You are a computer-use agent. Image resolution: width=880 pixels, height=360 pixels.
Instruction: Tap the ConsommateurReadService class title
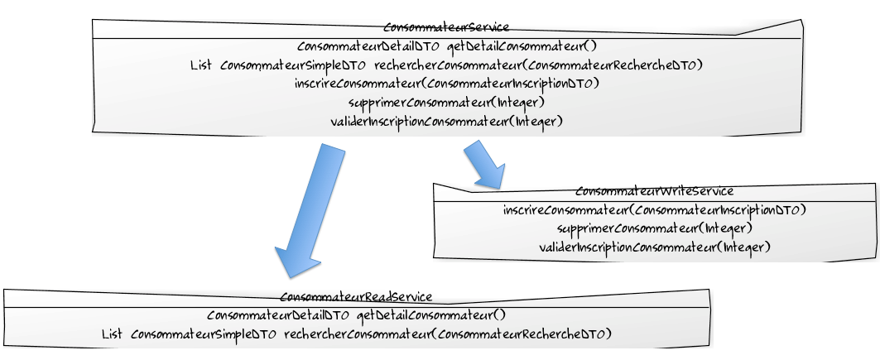click(356, 297)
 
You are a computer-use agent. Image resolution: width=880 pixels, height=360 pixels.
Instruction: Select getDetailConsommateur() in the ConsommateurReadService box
click(430, 315)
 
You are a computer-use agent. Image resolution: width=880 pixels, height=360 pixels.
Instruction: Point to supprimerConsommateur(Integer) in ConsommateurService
click(446, 103)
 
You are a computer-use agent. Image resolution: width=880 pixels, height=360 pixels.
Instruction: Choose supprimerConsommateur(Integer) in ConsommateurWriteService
click(654, 228)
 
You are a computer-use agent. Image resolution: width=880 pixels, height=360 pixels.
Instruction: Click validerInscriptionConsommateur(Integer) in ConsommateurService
click(446, 122)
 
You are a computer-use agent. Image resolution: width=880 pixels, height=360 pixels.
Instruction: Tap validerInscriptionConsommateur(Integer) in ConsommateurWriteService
click(654, 247)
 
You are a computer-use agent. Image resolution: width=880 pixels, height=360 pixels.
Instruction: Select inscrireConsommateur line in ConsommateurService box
click(446, 84)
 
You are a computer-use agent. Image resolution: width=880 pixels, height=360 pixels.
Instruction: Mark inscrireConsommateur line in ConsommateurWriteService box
click(654, 210)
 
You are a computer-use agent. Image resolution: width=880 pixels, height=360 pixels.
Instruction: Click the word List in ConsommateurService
click(202, 65)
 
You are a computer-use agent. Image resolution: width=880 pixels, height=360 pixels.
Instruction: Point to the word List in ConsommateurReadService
click(112, 334)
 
